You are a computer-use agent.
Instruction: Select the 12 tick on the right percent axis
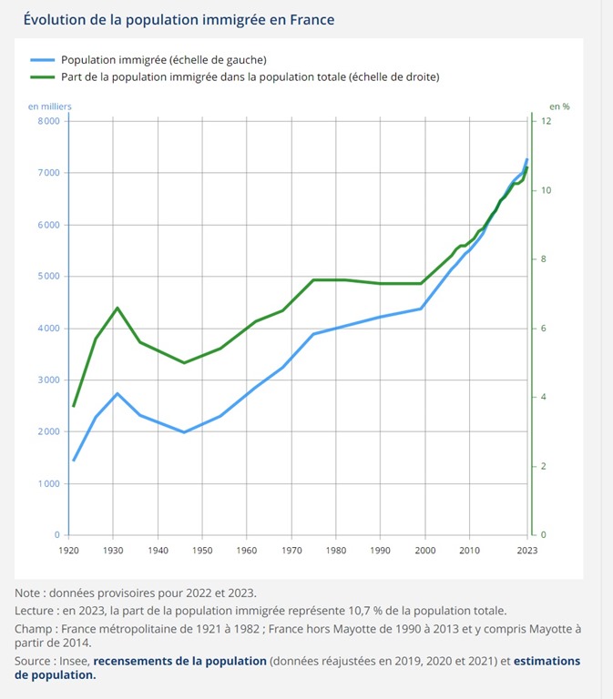click(x=546, y=121)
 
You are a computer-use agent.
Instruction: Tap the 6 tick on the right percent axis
click(x=543, y=329)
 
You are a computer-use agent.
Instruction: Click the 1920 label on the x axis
click(x=69, y=552)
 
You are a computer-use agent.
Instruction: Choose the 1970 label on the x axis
click(x=292, y=552)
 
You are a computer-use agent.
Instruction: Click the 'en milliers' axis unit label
click(x=49, y=106)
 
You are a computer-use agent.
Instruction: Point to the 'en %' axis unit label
click(x=559, y=106)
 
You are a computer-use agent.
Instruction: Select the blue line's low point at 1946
click(x=185, y=432)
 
